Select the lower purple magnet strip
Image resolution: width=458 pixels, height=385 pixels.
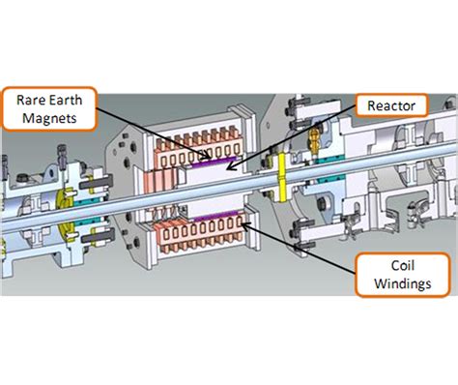[x=209, y=223]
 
